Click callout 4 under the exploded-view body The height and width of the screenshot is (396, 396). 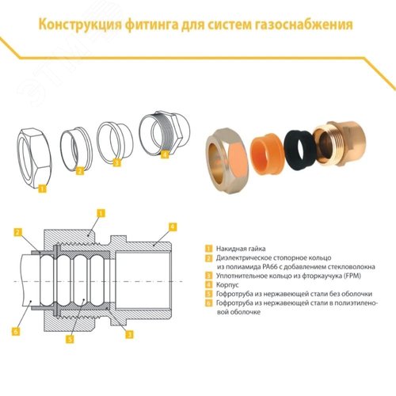coord(165,156)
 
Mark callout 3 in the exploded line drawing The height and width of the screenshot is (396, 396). coord(117,163)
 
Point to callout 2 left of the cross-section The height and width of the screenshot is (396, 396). coord(17,231)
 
